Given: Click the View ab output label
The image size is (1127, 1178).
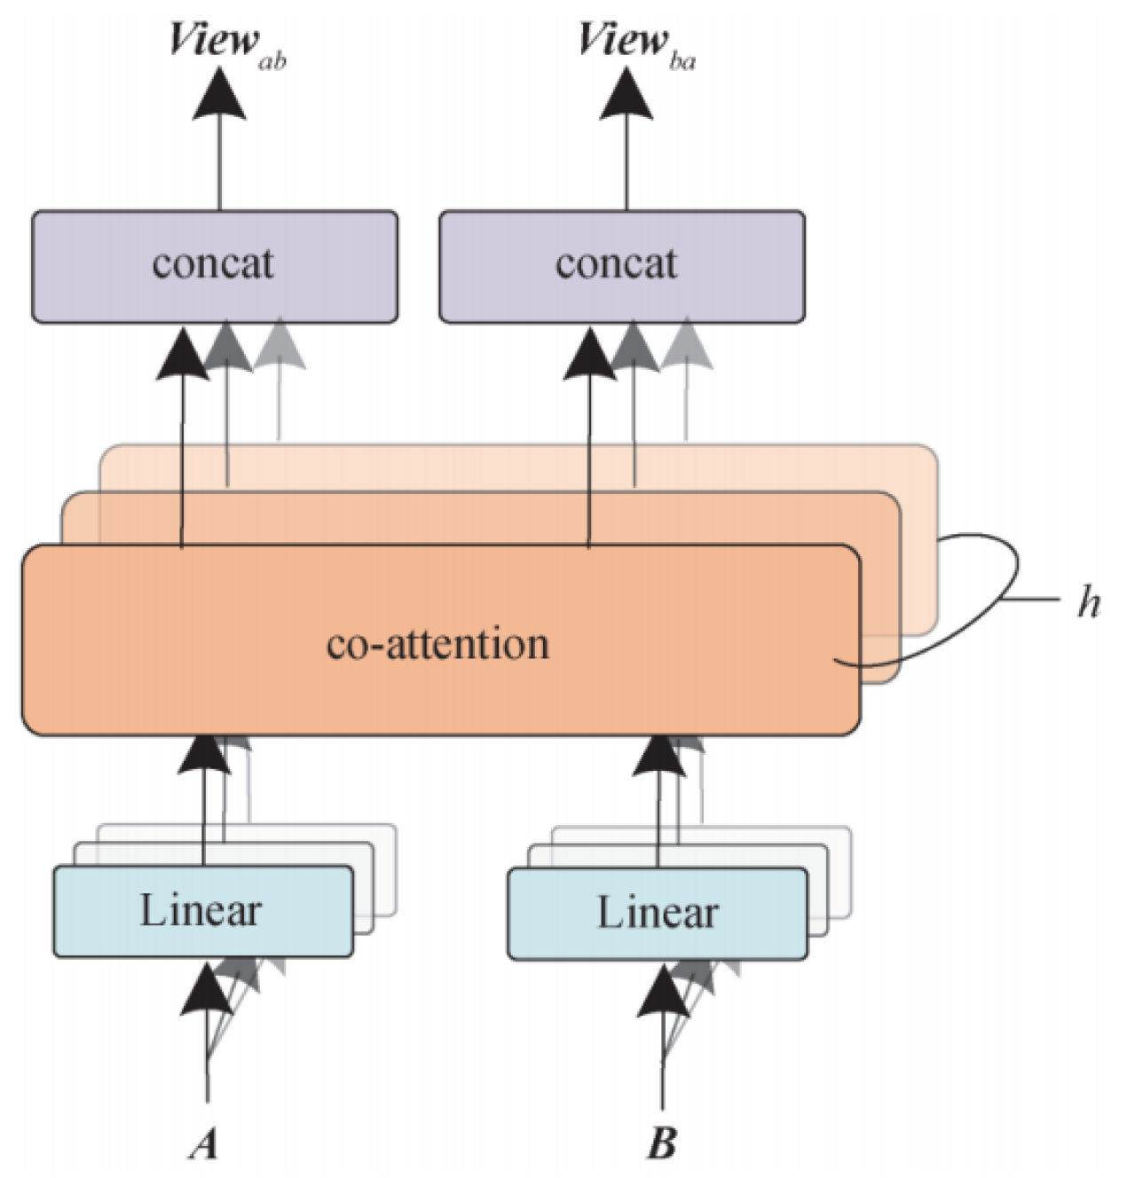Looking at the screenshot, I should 226,43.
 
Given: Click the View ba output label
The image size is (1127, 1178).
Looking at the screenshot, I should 635,43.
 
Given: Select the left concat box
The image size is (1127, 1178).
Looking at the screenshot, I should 215,266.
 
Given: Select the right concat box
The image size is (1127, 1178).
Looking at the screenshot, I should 622,266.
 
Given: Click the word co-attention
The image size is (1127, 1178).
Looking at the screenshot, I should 437,643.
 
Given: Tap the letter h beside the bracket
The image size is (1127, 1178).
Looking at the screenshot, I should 1089,603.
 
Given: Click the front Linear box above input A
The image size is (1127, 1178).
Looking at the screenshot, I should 203,912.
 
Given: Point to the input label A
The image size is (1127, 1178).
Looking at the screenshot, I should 204,1143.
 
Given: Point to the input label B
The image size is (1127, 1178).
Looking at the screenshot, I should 661,1143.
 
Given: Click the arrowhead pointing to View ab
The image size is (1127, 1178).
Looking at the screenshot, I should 219,93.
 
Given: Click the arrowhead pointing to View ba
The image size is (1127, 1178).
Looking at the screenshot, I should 627,93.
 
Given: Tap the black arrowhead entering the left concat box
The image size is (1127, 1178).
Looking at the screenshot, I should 182,355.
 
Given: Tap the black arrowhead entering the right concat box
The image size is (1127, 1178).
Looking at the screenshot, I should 589,355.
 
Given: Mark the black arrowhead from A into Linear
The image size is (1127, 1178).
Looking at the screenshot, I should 207,990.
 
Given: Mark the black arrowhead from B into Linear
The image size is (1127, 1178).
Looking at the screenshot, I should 663,992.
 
